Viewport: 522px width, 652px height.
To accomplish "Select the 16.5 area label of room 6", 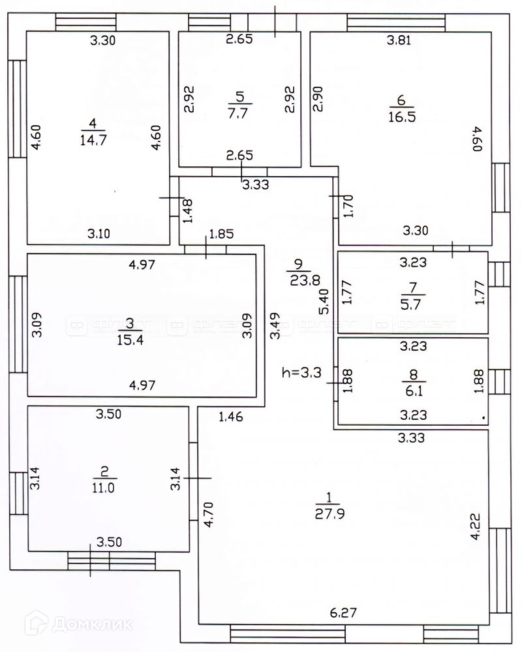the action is pos(403,117).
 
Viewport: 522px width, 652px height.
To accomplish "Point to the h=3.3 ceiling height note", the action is pos(303,373).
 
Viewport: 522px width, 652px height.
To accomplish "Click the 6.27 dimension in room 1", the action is pos(343,613).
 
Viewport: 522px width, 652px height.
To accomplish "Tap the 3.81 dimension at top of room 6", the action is pos(399,40).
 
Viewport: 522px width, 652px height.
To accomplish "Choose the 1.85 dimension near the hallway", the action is pos(221,235).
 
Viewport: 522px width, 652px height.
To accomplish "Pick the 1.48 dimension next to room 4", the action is pos(187,211).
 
